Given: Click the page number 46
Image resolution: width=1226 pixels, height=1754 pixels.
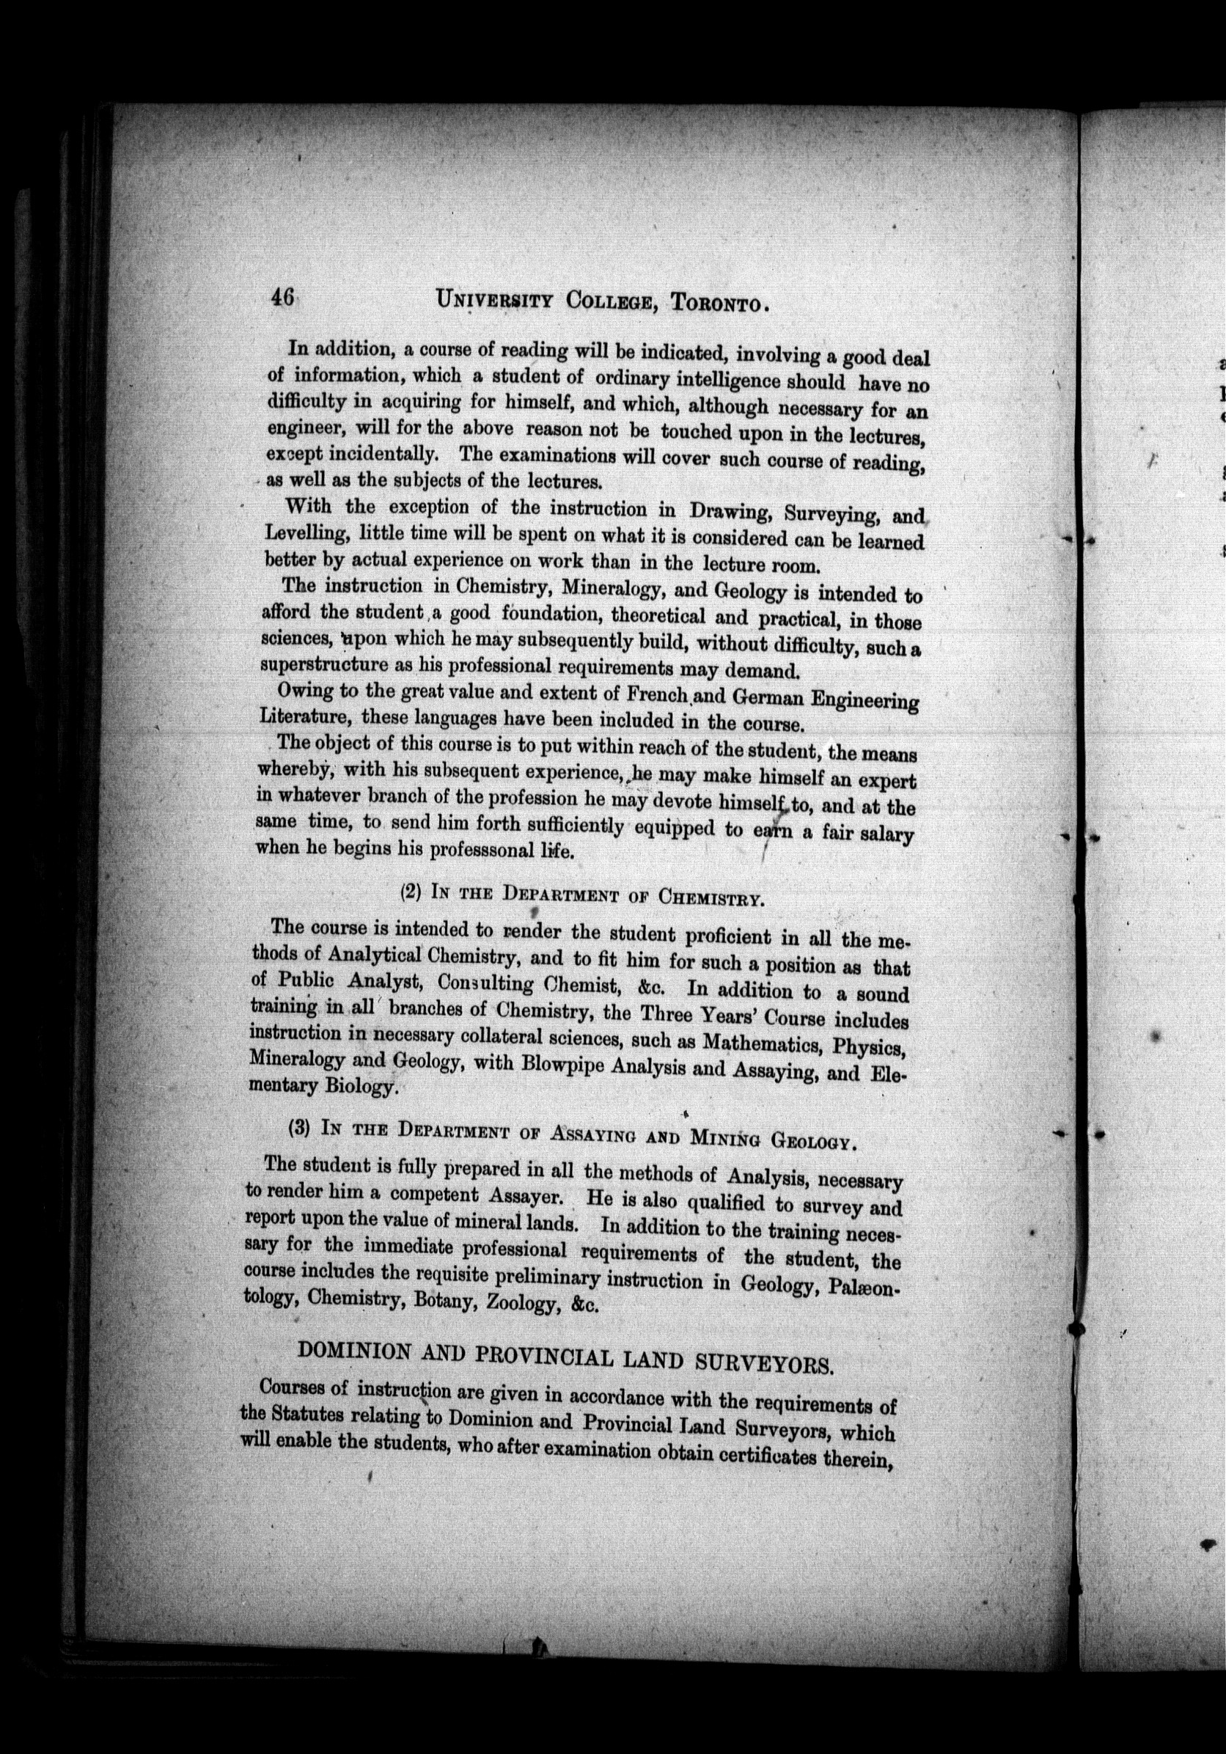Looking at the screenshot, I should coord(281,297).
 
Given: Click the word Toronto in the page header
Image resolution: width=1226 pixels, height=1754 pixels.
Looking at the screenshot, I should coord(716,303).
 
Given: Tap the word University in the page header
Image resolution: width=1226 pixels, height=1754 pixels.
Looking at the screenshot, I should coord(494,298).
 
